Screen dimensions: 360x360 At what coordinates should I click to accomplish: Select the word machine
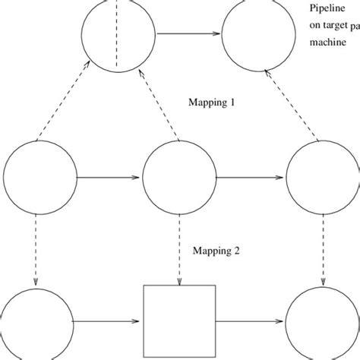pyautogui.click(x=327, y=42)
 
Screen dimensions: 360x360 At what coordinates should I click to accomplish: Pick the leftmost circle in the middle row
pyautogui.click(x=39, y=178)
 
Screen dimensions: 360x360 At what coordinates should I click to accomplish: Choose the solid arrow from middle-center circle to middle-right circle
pyautogui.click(x=250, y=178)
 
